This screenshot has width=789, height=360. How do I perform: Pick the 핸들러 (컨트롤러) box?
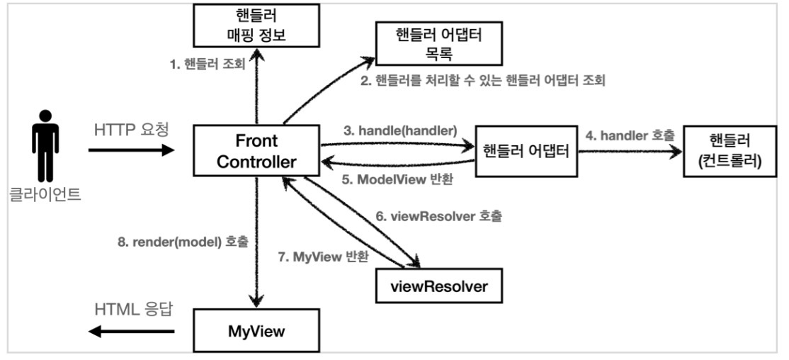click(730, 151)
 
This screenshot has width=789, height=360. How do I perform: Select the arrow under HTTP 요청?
click(132, 150)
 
